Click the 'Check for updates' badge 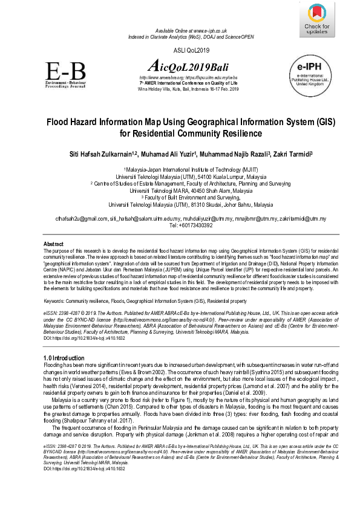[x=317, y=20]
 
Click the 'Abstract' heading [x=54, y=244]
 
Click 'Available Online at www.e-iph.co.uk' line [x=191, y=30]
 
